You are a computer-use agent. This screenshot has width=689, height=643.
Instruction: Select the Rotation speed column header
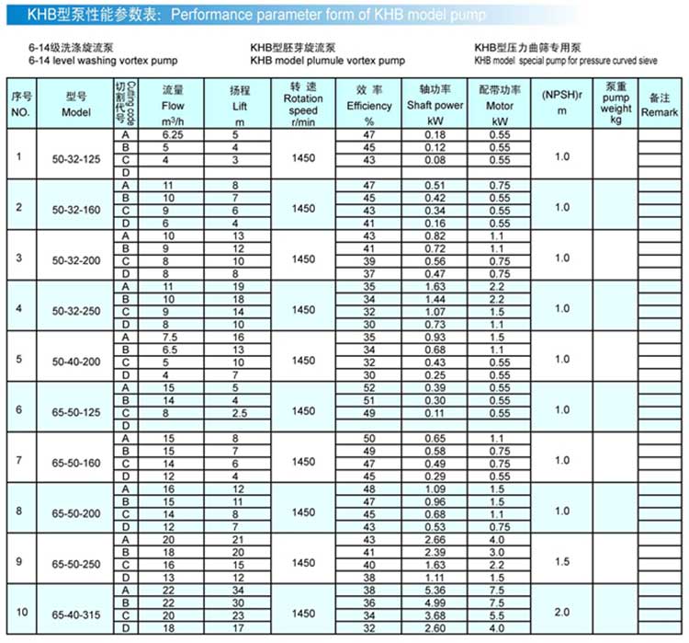click(x=303, y=99)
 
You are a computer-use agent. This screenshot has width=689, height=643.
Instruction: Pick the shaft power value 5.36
click(x=435, y=589)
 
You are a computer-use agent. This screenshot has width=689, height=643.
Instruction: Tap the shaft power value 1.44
click(x=435, y=299)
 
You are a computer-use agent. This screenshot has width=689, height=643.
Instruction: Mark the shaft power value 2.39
click(x=435, y=551)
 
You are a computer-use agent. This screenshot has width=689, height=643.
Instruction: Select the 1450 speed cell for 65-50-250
click(x=303, y=560)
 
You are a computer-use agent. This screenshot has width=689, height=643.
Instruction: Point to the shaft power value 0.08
click(x=435, y=159)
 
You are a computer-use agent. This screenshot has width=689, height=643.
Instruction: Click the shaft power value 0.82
click(x=435, y=236)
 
